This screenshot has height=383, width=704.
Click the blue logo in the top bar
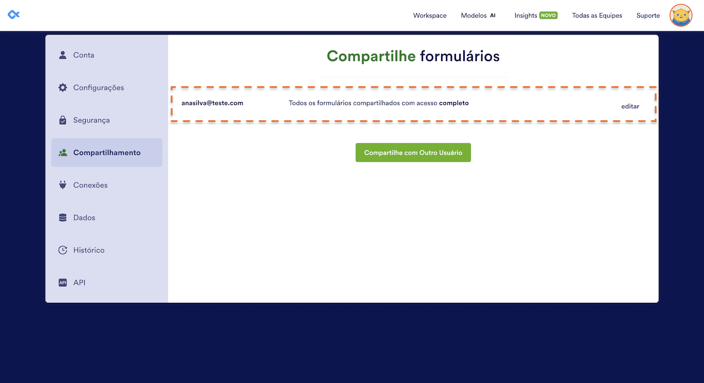[x=14, y=14]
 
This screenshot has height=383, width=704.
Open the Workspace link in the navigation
[x=430, y=15]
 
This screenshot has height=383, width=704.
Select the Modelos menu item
[x=474, y=15]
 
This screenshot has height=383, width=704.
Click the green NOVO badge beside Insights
[x=548, y=15]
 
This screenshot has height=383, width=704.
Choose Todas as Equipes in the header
[x=597, y=15]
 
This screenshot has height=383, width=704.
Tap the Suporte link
[x=648, y=15]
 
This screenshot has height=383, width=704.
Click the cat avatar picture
[x=680, y=15]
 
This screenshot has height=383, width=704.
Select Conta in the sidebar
[x=84, y=55]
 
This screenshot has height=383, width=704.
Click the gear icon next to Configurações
[x=63, y=87]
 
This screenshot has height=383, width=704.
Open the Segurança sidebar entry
[x=91, y=120]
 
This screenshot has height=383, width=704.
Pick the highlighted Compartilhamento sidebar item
[x=107, y=152]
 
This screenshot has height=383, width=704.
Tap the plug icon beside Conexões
[x=63, y=185]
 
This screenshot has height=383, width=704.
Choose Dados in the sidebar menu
[x=84, y=218]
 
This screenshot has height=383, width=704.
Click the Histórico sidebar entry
[x=89, y=250]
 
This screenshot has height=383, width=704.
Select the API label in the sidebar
[x=79, y=282]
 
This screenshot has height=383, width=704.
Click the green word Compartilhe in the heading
[x=371, y=56]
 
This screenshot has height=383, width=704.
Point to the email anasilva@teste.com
[x=212, y=103]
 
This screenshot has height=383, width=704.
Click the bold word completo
[x=454, y=103]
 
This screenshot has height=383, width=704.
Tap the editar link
[x=630, y=106]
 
